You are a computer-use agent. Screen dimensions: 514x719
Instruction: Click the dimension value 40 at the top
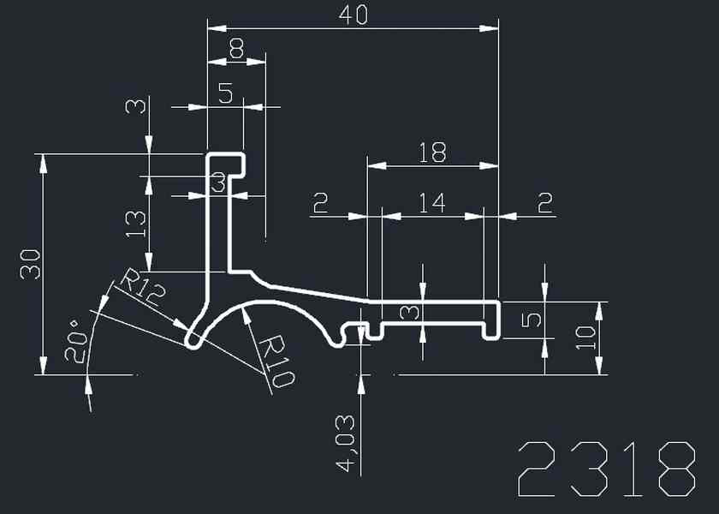coord(353,15)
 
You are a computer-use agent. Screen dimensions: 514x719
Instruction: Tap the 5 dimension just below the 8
coord(225,93)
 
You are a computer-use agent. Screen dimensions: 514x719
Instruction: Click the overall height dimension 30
coord(32,265)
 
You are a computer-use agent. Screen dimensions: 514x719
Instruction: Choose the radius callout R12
coord(141,290)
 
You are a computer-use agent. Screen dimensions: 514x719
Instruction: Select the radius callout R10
coord(276,361)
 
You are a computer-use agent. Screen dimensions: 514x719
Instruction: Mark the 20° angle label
coord(78,344)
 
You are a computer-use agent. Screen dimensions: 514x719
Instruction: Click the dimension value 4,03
coord(347,443)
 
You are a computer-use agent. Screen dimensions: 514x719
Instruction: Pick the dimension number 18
coord(432,152)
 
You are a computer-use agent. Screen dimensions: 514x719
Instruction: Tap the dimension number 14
coord(432,203)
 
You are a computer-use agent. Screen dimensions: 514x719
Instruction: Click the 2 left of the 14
coord(321,203)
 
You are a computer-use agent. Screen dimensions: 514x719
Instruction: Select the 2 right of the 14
coord(544,203)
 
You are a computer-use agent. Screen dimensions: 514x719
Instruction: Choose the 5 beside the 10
coord(531,320)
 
